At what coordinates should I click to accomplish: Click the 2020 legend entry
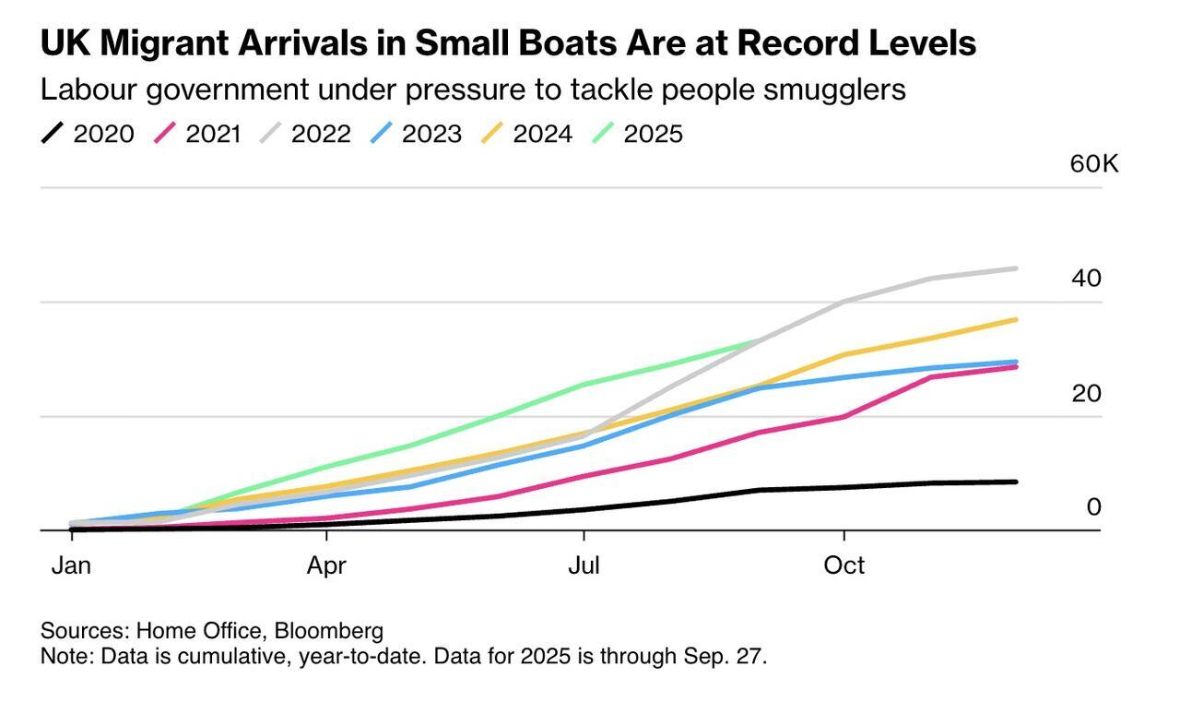coord(88,134)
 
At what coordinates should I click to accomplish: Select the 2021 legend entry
coord(199,134)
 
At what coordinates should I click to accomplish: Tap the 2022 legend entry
coord(305,134)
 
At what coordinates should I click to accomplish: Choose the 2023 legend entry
coord(417,134)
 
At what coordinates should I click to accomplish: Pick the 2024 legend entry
coord(527,134)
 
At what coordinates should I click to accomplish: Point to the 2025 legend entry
coord(638,134)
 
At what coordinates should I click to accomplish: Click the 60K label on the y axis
coord(1093,164)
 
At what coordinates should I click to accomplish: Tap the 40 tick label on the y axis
coord(1086,278)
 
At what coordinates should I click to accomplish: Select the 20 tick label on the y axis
coord(1086,393)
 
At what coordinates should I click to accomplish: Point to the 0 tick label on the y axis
coord(1093,506)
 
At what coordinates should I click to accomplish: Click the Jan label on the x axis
coord(71,565)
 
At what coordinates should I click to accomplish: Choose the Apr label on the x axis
coord(326,565)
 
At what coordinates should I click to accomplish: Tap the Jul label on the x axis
coord(584,565)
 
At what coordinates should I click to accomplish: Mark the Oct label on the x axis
coord(844,565)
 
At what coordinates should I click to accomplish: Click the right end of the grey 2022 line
coord(1016,268)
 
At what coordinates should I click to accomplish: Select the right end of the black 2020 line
coord(1016,482)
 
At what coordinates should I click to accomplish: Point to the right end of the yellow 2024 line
coord(1016,319)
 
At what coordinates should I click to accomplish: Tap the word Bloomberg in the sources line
coord(329,631)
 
